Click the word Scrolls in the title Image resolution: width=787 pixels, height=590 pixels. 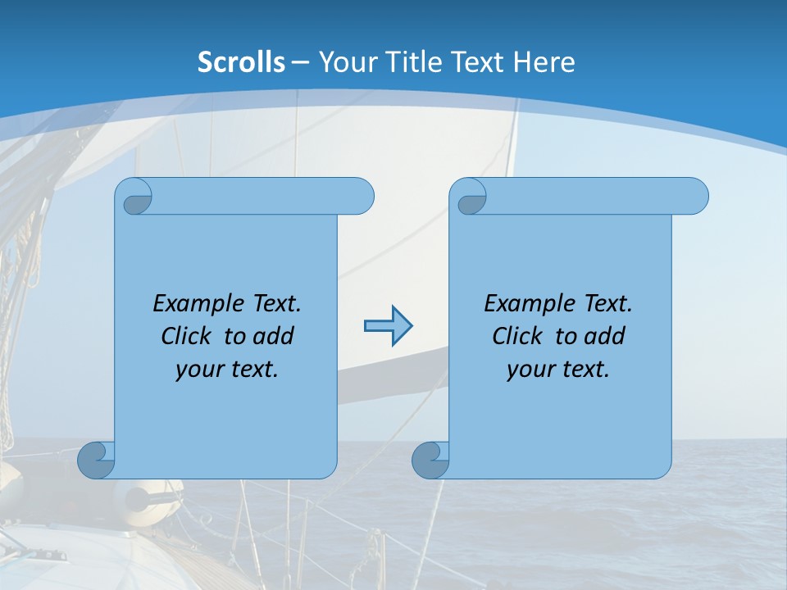pos(242,61)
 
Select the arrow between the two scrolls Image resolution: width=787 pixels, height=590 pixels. pos(388,326)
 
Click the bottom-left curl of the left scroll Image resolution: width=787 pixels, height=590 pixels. pos(97,460)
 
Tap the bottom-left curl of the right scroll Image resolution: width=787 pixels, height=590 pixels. pos(430,460)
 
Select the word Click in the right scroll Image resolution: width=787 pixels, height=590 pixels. pos(516,336)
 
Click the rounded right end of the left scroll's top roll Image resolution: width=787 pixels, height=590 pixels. pos(360,197)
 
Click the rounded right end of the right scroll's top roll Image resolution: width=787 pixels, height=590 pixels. pos(694,197)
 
